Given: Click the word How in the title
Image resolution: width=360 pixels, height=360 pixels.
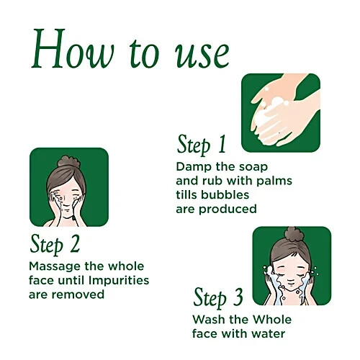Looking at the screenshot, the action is point(73,49).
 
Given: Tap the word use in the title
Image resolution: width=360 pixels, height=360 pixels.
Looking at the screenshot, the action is point(202,55).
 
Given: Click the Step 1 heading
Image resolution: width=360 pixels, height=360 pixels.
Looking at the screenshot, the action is point(202,145).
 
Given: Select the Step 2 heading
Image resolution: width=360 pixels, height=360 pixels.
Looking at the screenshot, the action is point(55,244).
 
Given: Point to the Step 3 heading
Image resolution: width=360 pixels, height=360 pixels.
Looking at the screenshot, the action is point(218,298).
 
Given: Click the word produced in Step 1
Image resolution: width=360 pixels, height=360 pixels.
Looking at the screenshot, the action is point(228,210).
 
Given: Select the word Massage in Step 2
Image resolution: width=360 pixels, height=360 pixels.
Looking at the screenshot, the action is point(55,267).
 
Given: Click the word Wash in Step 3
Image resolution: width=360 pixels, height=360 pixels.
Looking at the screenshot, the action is point(209,320).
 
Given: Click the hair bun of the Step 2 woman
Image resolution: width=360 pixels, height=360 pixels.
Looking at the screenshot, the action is point(68,162).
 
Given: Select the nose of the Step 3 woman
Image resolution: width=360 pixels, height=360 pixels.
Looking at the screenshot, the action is point(291,280).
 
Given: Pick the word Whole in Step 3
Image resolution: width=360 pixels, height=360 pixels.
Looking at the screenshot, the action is point(272,320).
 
